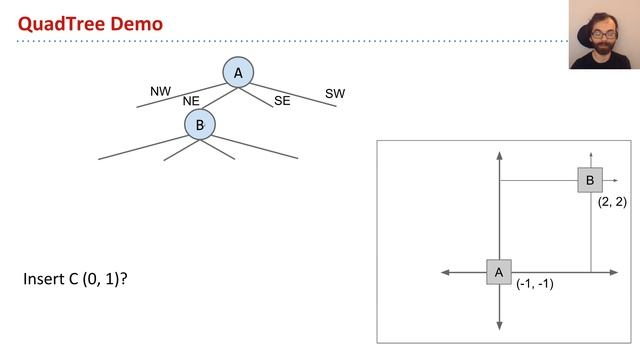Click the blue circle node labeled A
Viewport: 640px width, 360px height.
(238, 72)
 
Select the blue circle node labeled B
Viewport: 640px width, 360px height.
(200, 125)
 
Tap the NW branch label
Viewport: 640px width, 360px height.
(160, 91)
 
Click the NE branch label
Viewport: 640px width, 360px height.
(192, 101)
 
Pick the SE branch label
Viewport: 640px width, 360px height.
(282, 101)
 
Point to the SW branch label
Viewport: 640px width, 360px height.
(335, 93)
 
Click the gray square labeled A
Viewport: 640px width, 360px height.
(498, 272)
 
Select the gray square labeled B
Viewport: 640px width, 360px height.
(590, 180)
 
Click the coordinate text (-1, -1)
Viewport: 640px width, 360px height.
(535, 284)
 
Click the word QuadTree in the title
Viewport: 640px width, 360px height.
(60, 22)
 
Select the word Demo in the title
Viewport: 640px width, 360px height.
(139, 22)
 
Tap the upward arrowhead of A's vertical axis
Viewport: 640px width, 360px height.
(498, 156)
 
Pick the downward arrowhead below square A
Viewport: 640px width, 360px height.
(498, 327)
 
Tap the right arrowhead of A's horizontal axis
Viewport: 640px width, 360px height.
(619, 272)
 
